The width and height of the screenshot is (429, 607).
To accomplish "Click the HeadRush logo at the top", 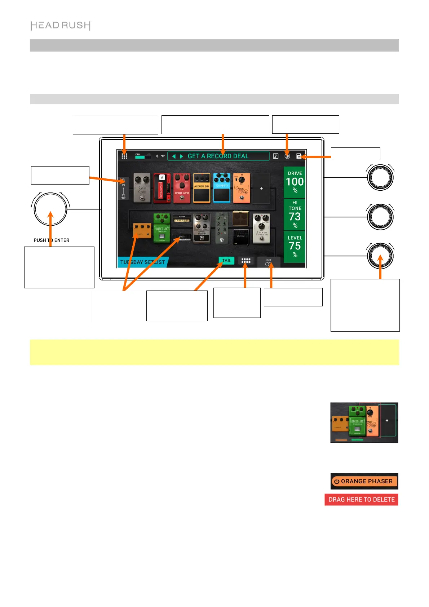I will [x=61, y=26].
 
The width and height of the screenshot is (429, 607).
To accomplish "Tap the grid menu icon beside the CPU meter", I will [x=124, y=156].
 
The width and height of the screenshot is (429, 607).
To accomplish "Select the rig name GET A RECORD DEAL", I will [x=218, y=156].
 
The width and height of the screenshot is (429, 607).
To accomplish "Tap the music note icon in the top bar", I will [x=276, y=156].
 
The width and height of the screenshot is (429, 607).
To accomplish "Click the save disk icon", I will [x=298, y=156].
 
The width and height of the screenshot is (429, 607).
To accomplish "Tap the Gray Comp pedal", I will [x=142, y=188].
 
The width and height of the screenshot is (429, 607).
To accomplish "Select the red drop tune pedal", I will [x=182, y=188].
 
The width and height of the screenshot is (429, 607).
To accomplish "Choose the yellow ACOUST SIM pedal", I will [x=202, y=188].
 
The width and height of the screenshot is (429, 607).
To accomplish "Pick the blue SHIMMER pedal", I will [x=222, y=188].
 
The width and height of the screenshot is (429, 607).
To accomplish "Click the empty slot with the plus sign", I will [x=261, y=188].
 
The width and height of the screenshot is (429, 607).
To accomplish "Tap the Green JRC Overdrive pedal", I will [x=162, y=228].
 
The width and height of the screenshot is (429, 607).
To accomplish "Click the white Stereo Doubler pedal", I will [x=262, y=228].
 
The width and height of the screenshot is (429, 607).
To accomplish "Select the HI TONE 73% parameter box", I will [x=295, y=214].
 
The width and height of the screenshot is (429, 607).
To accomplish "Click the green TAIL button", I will [x=226, y=261].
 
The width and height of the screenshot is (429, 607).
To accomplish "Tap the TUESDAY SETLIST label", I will [x=142, y=262].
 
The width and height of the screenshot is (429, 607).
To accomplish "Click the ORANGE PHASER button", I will [x=364, y=481].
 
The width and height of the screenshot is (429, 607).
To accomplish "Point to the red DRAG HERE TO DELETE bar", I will [x=361, y=500].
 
